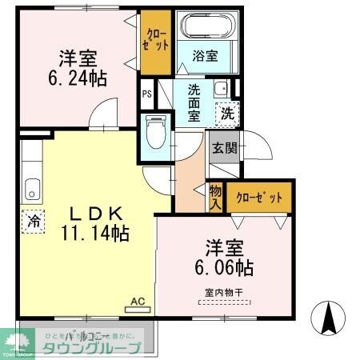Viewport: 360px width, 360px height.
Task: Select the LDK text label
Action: pos(94,215)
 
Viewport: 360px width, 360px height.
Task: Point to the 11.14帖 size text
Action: pos(94,234)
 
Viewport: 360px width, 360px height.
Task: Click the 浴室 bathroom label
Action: pos(206,56)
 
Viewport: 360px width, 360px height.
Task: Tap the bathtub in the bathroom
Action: pos(205,26)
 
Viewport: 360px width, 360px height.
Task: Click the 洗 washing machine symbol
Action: pos(228,114)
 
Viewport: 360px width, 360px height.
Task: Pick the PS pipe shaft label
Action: pos(146,94)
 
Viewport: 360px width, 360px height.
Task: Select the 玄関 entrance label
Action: pos(222,147)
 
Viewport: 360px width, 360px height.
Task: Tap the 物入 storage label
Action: pos(214,196)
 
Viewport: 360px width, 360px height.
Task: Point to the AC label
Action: pos(137,301)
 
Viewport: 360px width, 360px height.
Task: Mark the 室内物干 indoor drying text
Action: pos(223,294)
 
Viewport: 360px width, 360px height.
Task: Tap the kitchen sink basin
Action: pos(32,190)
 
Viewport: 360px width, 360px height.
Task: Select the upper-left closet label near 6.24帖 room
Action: pos(152,39)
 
